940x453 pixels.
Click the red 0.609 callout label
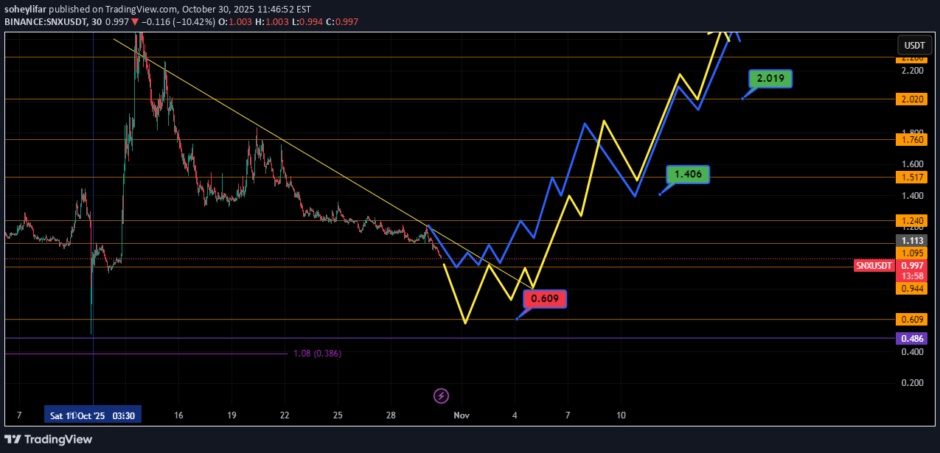point(545,299)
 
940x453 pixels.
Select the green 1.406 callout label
point(688,175)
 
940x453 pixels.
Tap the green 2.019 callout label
point(771,79)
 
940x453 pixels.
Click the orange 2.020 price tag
point(912,99)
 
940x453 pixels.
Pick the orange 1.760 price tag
point(912,139)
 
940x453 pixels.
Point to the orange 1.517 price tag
point(912,178)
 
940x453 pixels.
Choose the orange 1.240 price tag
point(912,220)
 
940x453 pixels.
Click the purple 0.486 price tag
point(912,338)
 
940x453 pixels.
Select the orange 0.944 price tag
point(912,288)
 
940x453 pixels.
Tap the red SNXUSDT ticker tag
point(874,266)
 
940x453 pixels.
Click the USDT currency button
point(914,45)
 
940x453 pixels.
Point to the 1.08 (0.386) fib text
point(317,354)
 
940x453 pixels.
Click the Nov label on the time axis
point(462,415)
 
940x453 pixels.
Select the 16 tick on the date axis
point(178,415)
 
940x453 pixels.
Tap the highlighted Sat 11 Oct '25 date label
point(92,415)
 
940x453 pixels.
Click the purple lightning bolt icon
point(441,396)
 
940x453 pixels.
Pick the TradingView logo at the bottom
point(49,440)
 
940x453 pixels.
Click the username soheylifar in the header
point(30,9)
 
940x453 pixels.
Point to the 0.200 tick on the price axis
point(912,383)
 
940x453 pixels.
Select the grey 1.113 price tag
point(912,240)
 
